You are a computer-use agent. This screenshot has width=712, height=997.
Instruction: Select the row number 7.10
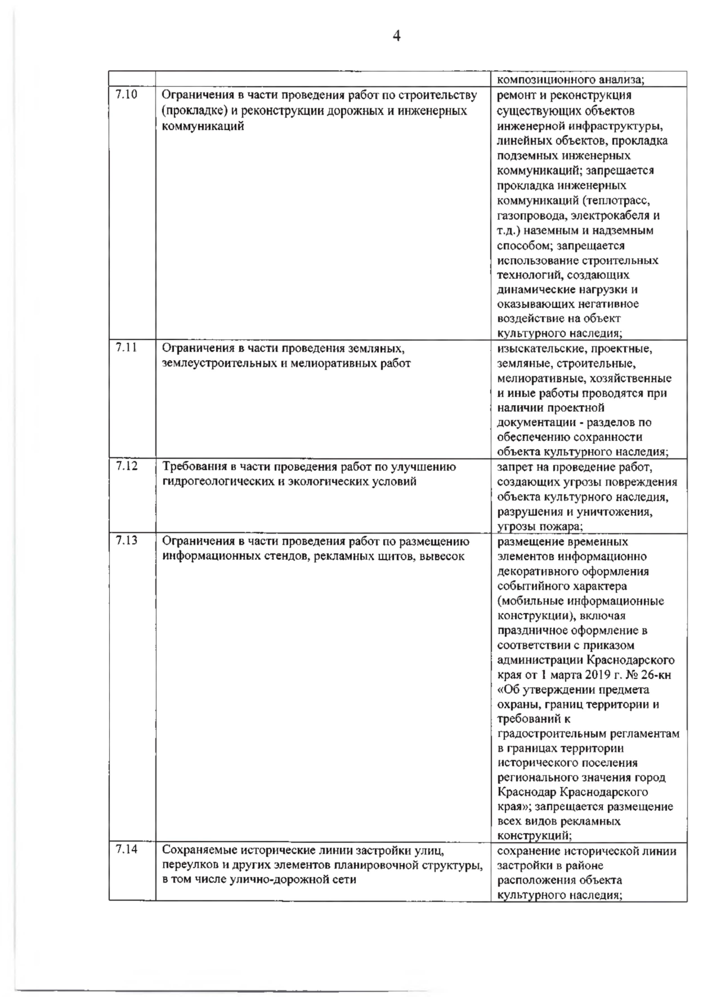click(x=126, y=94)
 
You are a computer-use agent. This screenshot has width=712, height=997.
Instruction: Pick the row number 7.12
click(x=126, y=466)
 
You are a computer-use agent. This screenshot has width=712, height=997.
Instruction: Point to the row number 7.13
click(x=126, y=541)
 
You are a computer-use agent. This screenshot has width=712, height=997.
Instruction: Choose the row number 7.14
click(x=126, y=850)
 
